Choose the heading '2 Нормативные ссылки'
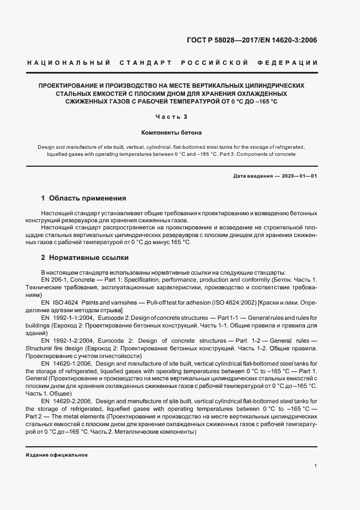tap(85, 257)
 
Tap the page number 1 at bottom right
tap(316, 466)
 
